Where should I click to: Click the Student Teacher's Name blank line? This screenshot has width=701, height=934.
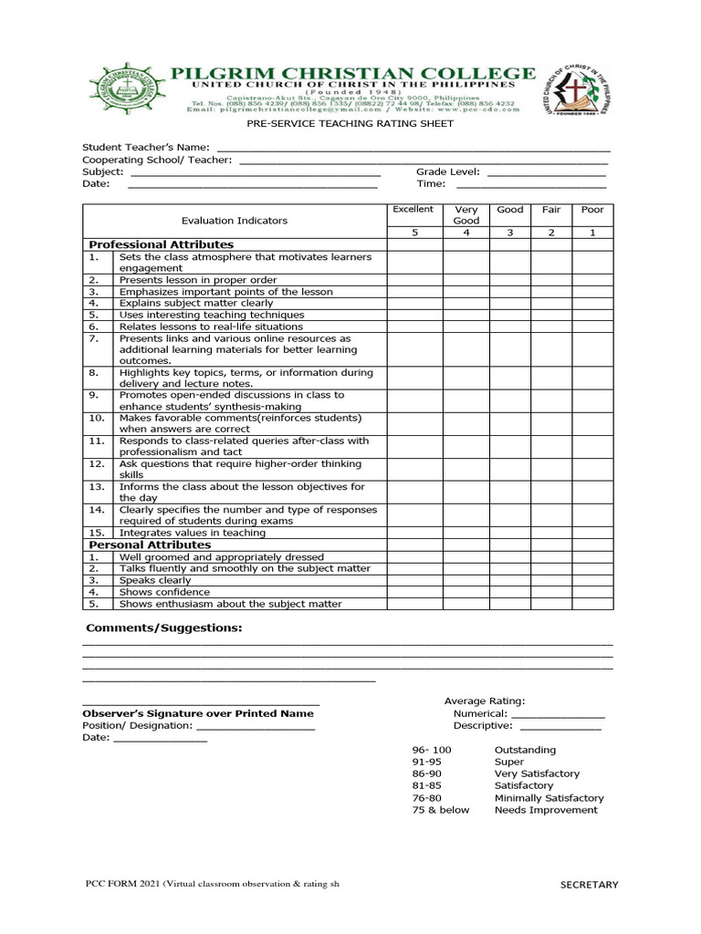(413, 147)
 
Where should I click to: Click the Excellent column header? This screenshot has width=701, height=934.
(413, 210)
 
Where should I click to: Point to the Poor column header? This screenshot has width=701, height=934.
(592, 210)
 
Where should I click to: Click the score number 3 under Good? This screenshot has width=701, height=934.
(510, 233)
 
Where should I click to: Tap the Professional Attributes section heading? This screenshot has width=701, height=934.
(161, 244)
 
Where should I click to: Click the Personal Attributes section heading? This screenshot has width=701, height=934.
(149, 545)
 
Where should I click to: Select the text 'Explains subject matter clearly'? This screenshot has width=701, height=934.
(196, 303)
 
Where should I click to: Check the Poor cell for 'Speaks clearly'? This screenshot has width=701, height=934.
(592, 580)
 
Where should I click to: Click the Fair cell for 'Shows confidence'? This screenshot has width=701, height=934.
(551, 592)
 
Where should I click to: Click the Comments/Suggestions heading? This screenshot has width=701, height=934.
(164, 628)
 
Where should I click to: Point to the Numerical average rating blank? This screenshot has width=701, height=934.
(558, 714)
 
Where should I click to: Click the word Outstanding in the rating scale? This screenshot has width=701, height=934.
(525, 750)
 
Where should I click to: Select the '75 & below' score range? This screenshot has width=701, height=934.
(441, 810)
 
